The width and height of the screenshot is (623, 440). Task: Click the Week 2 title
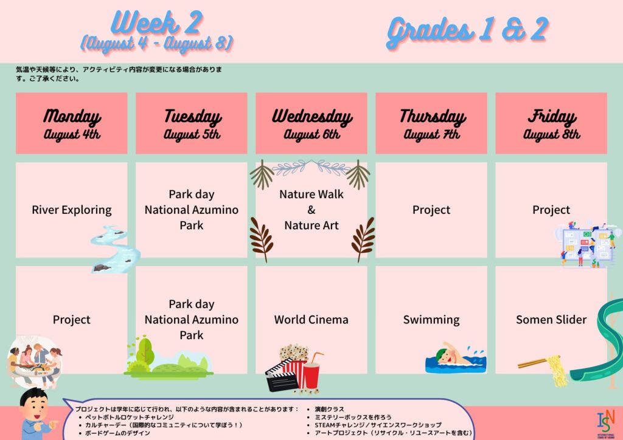158,22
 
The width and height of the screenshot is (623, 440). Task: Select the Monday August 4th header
72,123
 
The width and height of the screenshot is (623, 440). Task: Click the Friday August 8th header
551,123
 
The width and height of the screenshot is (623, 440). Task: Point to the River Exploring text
72,210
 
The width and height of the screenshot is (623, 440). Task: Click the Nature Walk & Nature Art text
311,210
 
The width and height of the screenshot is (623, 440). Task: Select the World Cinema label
311,320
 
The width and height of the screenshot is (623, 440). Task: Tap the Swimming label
431,320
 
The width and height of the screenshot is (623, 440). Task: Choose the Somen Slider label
551,320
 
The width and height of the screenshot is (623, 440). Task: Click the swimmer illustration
456,359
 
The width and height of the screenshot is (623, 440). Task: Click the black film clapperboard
282,376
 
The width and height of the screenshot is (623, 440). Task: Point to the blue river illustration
114,249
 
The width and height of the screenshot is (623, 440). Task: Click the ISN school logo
606,424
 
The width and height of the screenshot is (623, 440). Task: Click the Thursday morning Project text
431,210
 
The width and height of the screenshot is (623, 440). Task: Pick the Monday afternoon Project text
72,320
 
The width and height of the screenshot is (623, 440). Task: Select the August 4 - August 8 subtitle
157,43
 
